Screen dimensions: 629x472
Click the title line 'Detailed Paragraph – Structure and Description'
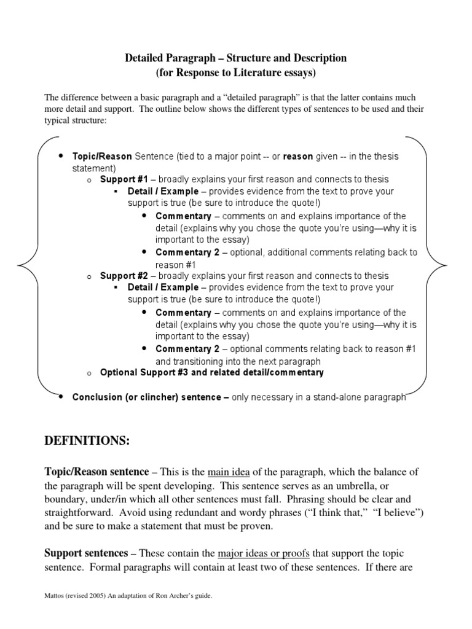tap(236, 58)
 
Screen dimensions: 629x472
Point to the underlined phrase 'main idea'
tap(228, 472)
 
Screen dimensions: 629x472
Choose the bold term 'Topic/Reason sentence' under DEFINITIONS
tap(96, 472)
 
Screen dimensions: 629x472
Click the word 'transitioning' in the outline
tap(198, 361)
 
